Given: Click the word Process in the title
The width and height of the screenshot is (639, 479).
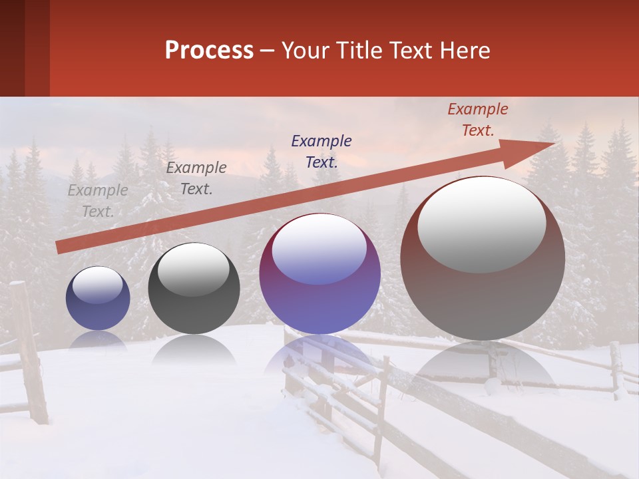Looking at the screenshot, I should (x=209, y=51).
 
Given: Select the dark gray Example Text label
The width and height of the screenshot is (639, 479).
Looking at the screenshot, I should (x=196, y=178).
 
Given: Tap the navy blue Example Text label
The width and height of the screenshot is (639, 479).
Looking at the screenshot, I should (x=321, y=152).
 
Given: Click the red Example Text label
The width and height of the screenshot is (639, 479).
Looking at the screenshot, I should (x=478, y=120).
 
